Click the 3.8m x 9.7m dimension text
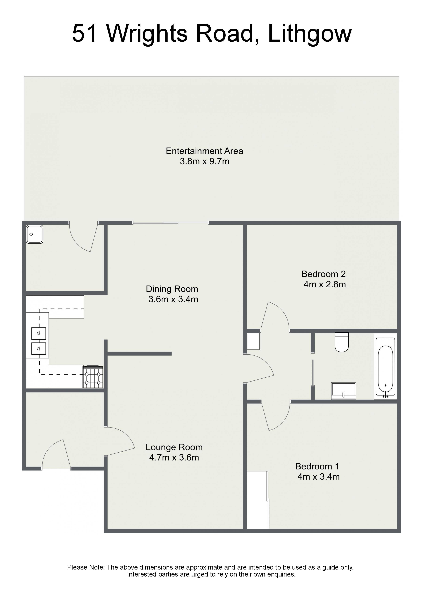point(205,161)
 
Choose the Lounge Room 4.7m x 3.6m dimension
point(174,457)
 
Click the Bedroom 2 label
point(324,274)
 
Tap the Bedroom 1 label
point(317,466)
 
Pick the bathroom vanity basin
point(343,391)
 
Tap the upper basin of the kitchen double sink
point(39,333)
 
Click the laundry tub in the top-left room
point(35,234)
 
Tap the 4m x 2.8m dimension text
point(325,284)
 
